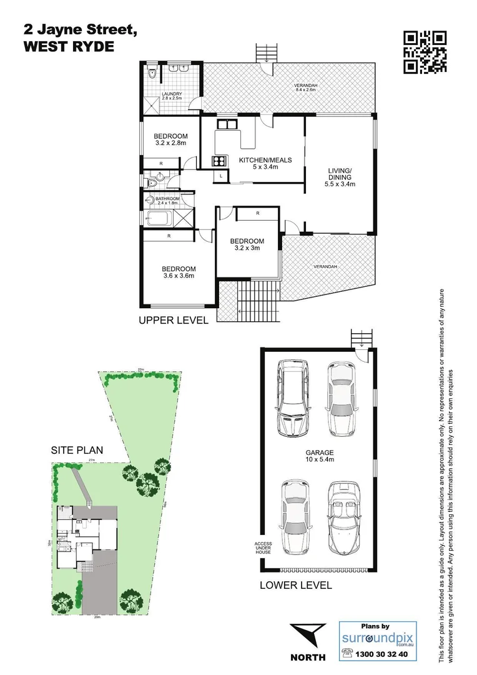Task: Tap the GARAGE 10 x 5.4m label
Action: click(x=319, y=456)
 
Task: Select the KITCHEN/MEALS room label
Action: click(x=265, y=164)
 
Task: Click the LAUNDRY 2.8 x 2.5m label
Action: click(x=172, y=96)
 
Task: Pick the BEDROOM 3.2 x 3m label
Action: click(x=247, y=244)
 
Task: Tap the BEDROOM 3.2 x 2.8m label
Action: click(x=171, y=140)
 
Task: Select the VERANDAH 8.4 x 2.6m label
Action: click(x=306, y=88)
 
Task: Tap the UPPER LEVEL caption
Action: click(x=173, y=321)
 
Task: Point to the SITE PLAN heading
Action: click(x=77, y=449)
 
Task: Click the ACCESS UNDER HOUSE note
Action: click(x=263, y=547)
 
